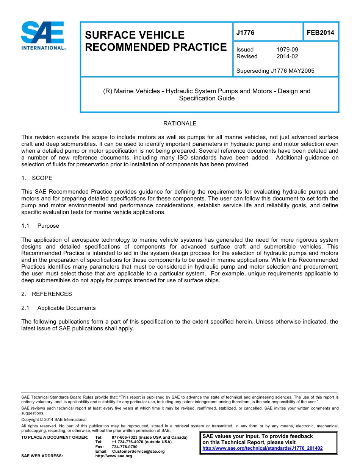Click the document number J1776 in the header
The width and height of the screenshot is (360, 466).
click(x=245, y=33)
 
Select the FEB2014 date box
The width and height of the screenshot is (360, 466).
click(x=320, y=33)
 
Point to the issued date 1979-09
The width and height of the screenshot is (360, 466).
click(x=287, y=50)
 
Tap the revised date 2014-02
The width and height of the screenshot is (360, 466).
click(x=287, y=56)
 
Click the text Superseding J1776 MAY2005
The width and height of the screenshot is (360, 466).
click(x=275, y=71)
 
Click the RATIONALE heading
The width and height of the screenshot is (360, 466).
click(x=180, y=124)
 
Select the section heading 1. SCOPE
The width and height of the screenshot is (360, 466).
click(x=37, y=178)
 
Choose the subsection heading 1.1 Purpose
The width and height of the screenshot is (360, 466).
click(x=40, y=226)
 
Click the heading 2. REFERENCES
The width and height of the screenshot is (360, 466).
click(x=46, y=294)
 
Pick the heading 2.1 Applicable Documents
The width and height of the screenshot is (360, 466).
click(x=58, y=308)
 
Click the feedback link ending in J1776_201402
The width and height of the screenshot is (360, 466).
click(x=263, y=448)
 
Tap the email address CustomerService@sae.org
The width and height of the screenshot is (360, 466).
click(x=138, y=451)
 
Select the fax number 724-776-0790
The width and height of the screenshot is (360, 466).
click(x=125, y=447)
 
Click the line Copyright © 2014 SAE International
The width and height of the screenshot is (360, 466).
click(x=54, y=420)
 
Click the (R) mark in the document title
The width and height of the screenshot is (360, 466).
click(x=108, y=91)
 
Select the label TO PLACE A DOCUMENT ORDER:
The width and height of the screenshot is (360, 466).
click(x=55, y=438)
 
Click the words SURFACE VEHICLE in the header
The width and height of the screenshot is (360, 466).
click(x=135, y=35)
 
